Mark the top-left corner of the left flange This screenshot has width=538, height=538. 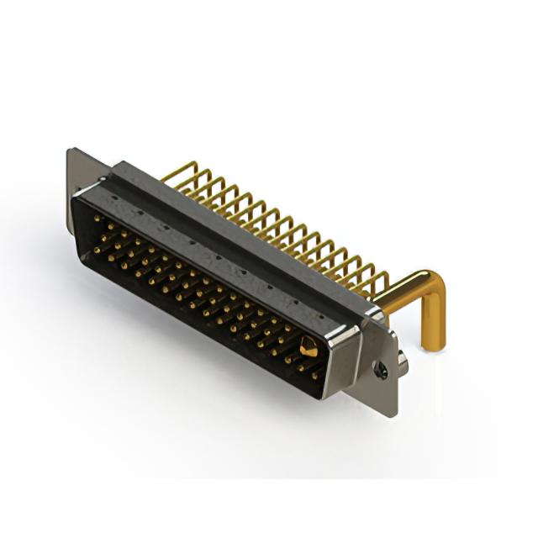[69, 150]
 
